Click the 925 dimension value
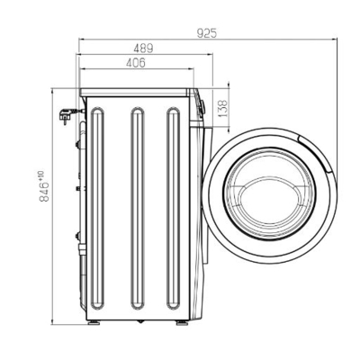click(207, 32)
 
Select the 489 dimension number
click(143, 49)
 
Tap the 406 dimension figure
click(136, 63)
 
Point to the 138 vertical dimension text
click(223, 109)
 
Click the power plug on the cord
click(65, 115)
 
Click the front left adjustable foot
click(94, 323)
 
